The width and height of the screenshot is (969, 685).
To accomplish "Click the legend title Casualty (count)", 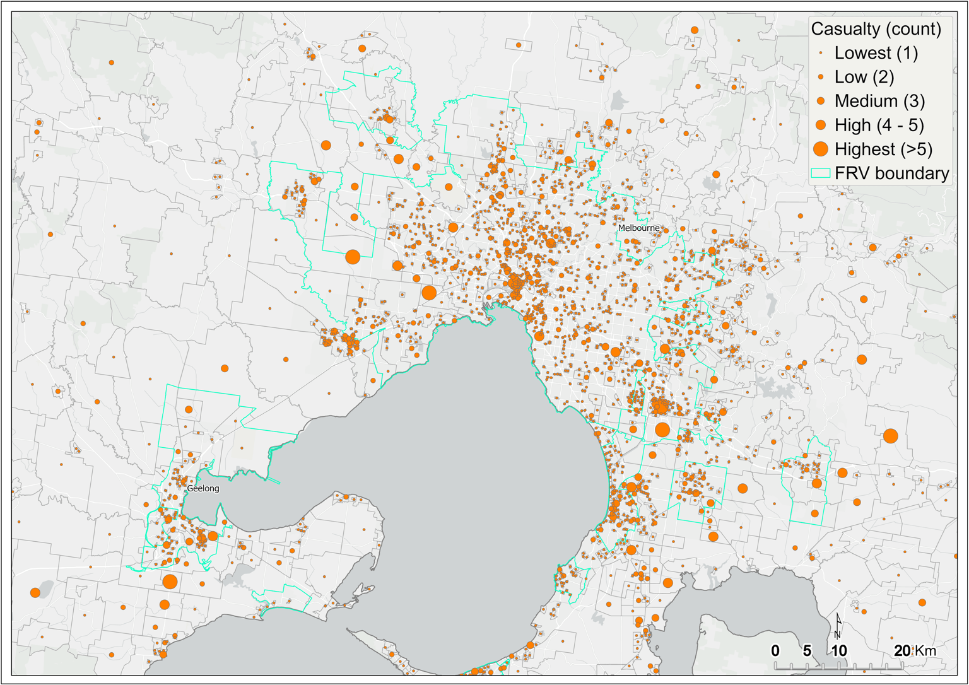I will tap(876, 29).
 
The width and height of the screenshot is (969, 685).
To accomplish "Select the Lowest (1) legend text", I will tap(876, 53).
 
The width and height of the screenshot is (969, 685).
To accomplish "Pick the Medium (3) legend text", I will tap(879, 101).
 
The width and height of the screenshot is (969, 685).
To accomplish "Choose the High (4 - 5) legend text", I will tap(879, 125).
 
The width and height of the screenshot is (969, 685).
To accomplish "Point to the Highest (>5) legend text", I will tap(883, 149).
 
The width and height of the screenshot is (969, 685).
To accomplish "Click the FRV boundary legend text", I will tap(891, 173).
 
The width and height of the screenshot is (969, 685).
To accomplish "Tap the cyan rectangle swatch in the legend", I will tap(820, 173).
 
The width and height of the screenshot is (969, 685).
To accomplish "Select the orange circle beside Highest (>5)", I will tap(820, 149).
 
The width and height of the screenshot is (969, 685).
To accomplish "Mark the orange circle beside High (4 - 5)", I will tap(820, 125).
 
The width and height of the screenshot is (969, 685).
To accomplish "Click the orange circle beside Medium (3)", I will tap(820, 101).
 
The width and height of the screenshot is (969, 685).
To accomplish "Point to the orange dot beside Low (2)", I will tap(820, 77).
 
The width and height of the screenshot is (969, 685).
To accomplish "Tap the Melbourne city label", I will tap(638, 228).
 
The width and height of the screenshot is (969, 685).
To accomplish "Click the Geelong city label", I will tap(203, 488).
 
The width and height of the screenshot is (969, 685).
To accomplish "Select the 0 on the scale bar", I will tap(775, 651).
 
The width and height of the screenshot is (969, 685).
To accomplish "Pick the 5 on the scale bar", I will tap(807, 651).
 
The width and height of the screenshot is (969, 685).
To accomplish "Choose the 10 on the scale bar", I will tap(839, 651).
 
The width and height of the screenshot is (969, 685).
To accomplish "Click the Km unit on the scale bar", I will tap(925, 651).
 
